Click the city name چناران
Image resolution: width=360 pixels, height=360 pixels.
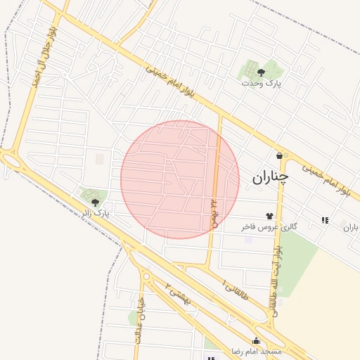269,179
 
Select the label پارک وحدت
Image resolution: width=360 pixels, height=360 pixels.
261,83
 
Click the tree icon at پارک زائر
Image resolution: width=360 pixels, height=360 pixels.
95,202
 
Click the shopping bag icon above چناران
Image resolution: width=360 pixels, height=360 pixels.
280,155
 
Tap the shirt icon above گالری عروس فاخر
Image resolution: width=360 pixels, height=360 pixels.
269,216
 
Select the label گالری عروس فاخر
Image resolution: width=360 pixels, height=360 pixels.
269,226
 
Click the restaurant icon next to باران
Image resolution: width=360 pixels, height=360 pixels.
324,220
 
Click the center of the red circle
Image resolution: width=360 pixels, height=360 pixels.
180,179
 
